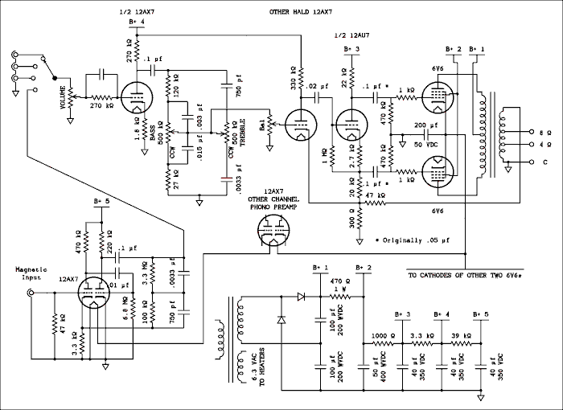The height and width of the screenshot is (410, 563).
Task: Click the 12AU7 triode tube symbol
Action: (349, 121)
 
